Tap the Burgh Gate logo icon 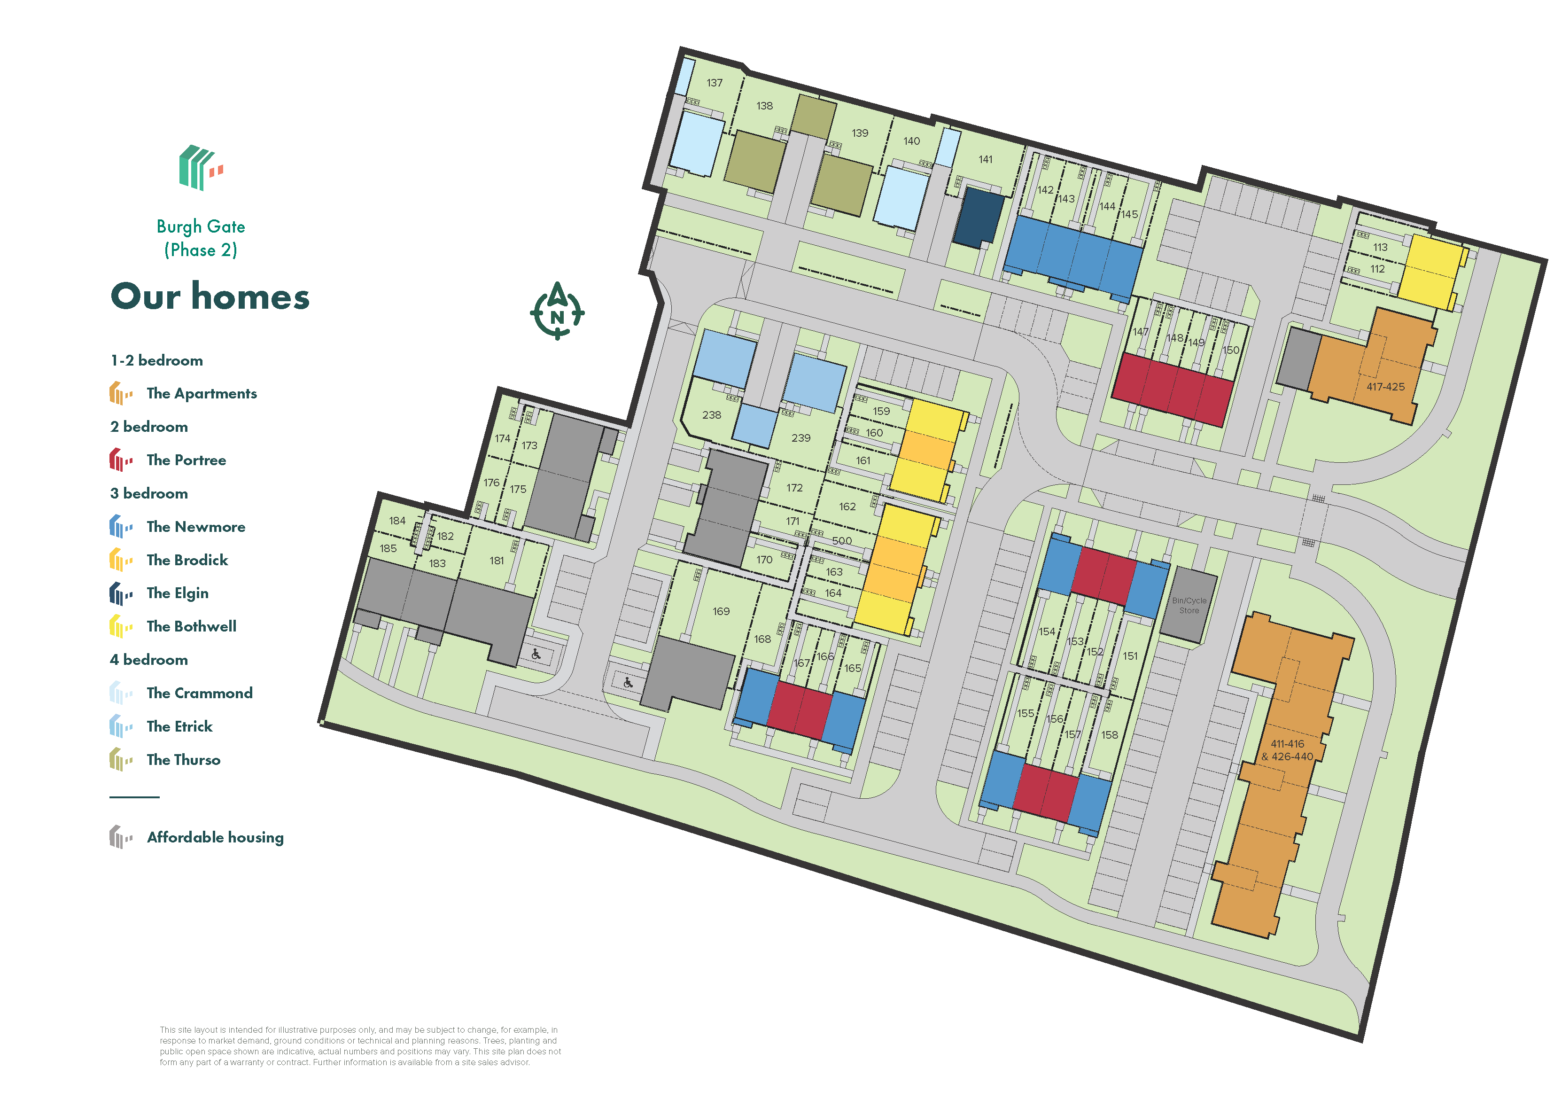200,167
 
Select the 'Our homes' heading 210,296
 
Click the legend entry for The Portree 186,460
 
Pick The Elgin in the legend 177,593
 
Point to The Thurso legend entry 183,760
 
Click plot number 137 715,83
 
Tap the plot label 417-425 1385,387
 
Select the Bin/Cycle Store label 1189,605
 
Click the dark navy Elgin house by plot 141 978,217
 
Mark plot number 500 842,540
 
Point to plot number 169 721,611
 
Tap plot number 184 397,521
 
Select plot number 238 711,415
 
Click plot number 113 1380,247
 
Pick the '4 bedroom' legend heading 149,660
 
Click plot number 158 1109,735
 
